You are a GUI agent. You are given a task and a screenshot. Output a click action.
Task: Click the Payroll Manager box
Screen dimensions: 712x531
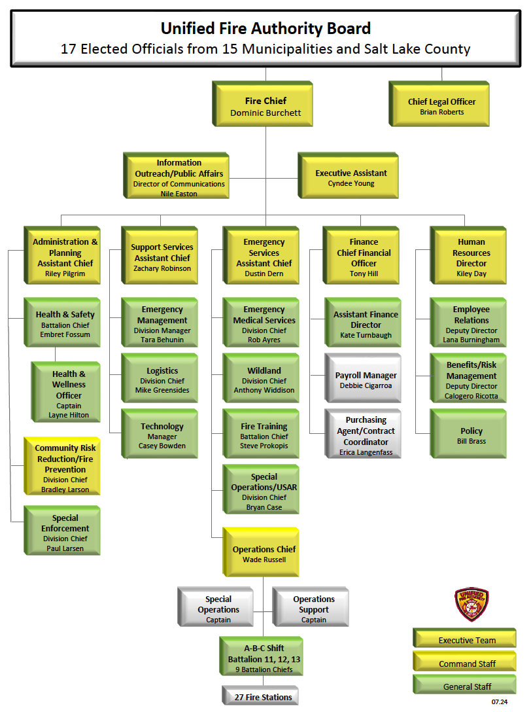tap(366, 380)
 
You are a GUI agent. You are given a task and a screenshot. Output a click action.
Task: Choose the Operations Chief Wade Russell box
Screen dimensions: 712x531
tap(264, 554)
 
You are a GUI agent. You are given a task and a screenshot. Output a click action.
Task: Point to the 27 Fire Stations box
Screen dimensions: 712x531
tap(263, 697)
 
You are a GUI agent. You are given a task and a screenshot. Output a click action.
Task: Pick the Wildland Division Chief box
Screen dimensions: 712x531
tap(264, 380)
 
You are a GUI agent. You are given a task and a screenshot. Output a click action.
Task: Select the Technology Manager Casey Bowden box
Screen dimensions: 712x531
tap(162, 436)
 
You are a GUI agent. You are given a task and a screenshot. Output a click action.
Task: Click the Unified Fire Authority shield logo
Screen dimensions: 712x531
tap(471, 604)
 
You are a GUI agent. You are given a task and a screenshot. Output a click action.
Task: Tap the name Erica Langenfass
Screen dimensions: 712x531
tap(366, 453)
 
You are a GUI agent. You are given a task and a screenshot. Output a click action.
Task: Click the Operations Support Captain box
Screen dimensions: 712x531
tap(313, 609)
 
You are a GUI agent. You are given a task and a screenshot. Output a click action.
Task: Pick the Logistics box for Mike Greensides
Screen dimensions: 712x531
tap(162, 380)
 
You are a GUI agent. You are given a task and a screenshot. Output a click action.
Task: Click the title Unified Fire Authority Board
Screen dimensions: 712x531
tap(265, 29)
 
